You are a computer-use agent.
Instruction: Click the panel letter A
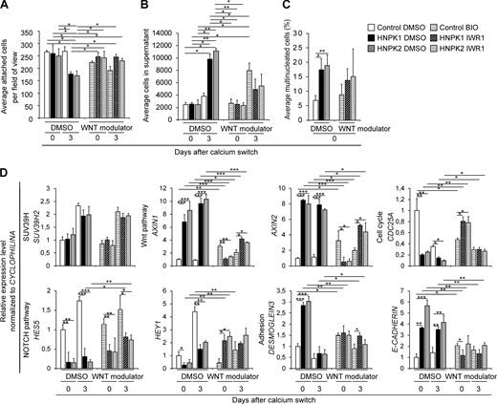tap(6, 7)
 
